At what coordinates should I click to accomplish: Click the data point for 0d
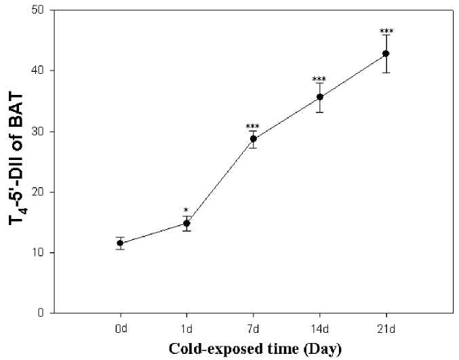(x=120, y=243)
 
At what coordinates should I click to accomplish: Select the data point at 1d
(x=186, y=223)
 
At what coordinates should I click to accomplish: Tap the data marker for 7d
(x=254, y=138)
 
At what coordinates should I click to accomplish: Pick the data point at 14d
(x=320, y=96)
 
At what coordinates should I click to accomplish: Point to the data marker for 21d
(x=386, y=53)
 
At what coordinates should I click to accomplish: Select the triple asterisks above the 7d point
(x=254, y=127)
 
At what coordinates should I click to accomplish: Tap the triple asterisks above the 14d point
(x=320, y=79)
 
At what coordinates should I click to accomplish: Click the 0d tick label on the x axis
(x=120, y=328)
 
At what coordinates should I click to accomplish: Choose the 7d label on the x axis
(x=254, y=328)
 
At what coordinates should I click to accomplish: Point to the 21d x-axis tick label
(x=386, y=328)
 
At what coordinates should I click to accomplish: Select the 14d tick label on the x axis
(x=320, y=328)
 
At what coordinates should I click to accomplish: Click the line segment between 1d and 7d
(x=220, y=180)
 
